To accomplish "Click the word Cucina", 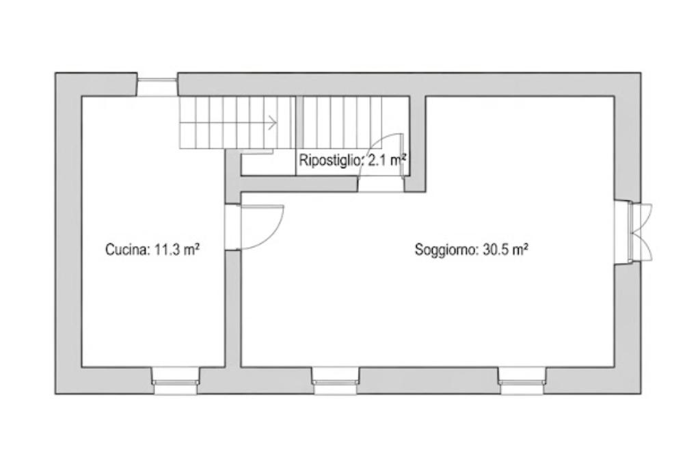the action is (x=126, y=249).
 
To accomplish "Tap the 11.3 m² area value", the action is (x=177, y=249).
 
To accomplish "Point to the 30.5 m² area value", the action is (x=506, y=249).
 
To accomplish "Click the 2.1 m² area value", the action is (x=387, y=160).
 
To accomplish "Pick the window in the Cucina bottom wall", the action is (x=176, y=381).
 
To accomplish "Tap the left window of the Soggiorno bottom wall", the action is (x=335, y=381).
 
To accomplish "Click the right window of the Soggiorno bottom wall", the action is (x=522, y=381).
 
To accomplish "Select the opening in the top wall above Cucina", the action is (x=157, y=86).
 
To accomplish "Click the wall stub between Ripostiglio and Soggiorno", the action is (x=418, y=143).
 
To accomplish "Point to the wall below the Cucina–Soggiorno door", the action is (x=232, y=309).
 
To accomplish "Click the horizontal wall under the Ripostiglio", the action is (x=299, y=184).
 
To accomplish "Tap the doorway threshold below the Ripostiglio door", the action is (x=381, y=184).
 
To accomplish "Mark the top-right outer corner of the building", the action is (x=641, y=72).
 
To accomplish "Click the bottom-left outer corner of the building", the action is (x=55, y=394).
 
